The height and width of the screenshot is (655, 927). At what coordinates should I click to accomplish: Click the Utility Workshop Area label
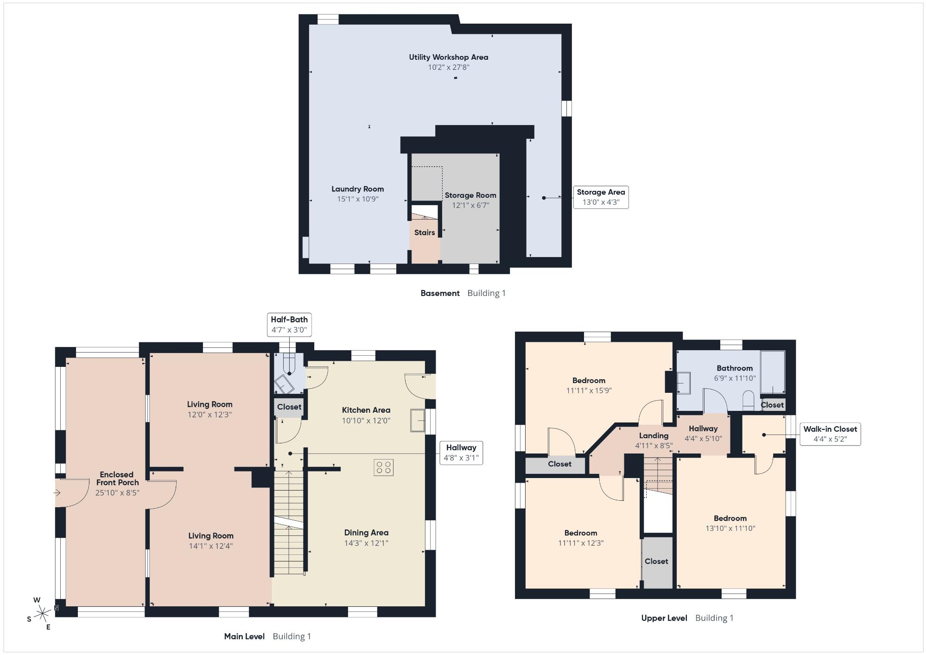coord(448,57)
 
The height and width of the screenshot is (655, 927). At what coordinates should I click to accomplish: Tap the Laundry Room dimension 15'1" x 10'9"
coord(358,199)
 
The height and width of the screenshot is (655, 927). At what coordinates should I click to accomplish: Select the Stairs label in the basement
coord(425,233)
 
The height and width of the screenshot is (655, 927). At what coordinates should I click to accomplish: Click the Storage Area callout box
coord(601,197)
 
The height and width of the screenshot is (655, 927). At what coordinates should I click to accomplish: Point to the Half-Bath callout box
coord(289,325)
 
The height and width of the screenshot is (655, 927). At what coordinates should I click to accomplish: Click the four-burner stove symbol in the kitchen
coord(384,467)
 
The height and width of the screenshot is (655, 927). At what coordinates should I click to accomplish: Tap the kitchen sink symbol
coord(418,421)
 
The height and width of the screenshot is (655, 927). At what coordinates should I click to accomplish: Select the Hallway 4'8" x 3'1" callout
coord(461,453)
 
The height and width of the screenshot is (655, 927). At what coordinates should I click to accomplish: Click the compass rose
coord(42,613)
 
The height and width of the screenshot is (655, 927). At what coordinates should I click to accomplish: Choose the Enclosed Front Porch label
coord(117,479)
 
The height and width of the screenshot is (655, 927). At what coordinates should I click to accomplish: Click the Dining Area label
coord(366,533)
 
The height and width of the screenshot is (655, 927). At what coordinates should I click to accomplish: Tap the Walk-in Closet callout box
coord(830,434)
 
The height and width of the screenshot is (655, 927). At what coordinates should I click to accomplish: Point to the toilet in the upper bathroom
coord(748,401)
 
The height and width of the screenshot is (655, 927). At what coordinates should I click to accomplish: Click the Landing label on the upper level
coord(654,435)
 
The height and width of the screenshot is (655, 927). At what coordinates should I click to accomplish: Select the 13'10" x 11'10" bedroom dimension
coord(730,528)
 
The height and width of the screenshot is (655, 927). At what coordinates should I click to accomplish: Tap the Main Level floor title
coord(244,636)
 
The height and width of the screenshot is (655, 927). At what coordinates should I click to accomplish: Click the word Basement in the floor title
coord(440,293)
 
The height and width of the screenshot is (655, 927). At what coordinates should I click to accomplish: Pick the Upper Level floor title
coord(664,618)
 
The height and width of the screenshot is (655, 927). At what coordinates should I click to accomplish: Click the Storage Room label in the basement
coord(470,195)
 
